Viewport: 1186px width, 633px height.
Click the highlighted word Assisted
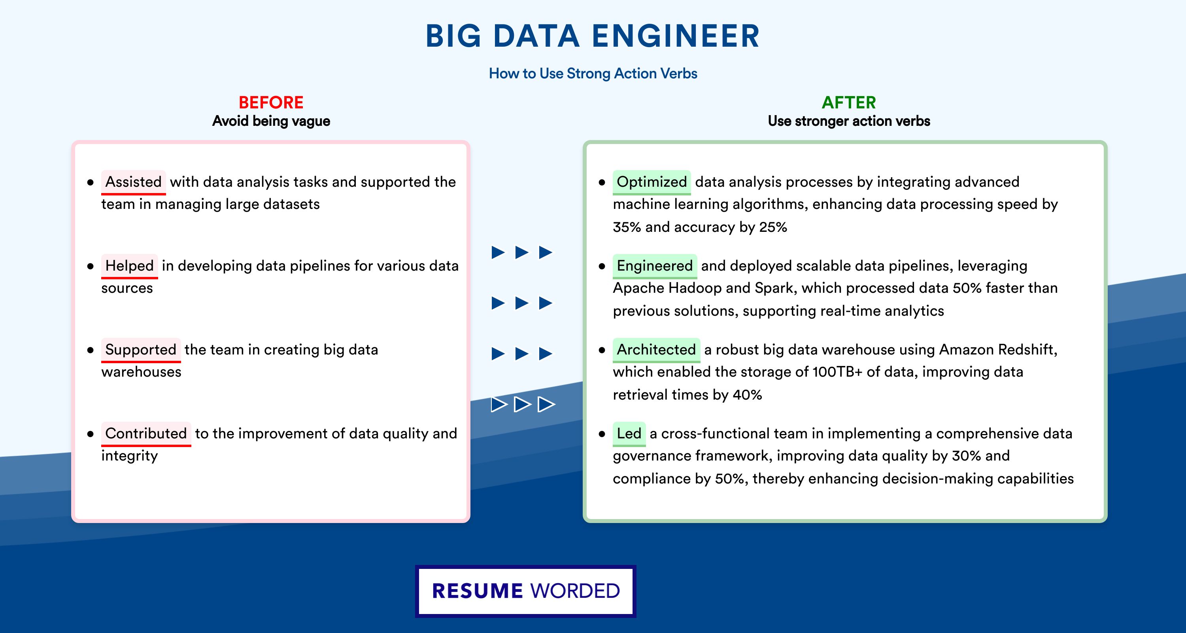(134, 182)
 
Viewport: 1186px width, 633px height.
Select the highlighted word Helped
(129, 266)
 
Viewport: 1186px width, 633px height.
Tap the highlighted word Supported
(141, 350)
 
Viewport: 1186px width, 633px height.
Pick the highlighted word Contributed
(146, 434)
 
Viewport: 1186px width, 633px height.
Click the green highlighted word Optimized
(652, 182)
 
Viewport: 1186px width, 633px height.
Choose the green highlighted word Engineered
(655, 266)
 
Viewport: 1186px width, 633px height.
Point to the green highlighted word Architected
(656, 350)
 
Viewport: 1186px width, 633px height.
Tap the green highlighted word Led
(629, 434)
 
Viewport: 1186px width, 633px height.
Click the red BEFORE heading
(271, 102)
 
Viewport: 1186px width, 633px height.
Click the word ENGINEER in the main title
(676, 36)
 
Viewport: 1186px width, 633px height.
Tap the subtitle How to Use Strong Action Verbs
(593, 73)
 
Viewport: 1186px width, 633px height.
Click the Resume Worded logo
(526, 591)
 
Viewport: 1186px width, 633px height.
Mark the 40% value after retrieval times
(747, 395)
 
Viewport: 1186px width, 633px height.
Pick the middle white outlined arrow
(522, 404)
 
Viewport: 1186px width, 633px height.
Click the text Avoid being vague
(271, 121)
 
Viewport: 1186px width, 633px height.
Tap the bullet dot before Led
(602, 434)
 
